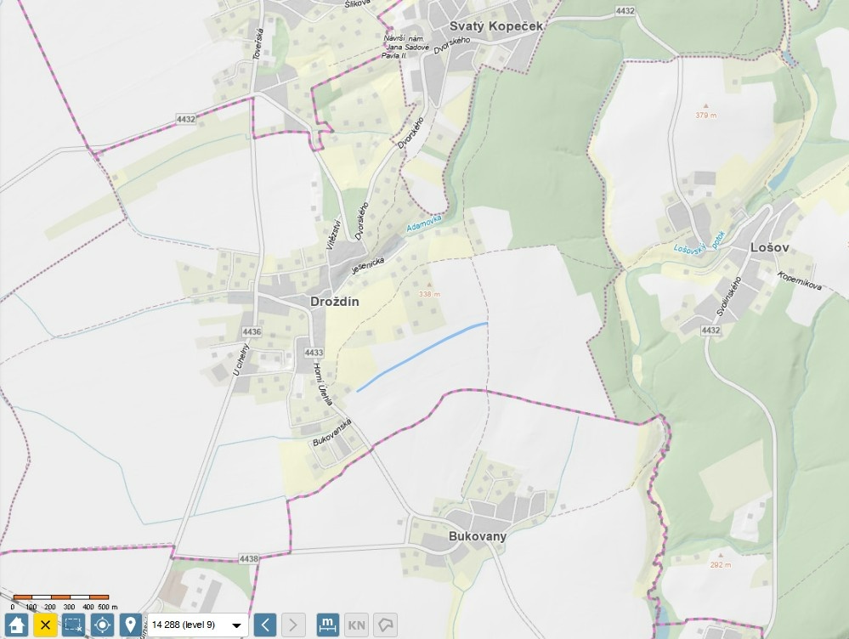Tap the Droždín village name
[334, 302]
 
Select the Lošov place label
[770, 247]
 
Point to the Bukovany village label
[478, 536]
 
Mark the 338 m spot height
[430, 294]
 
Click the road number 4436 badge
[251, 331]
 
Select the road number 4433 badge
[314, 353]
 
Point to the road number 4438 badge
[249, 558]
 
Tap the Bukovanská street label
[332, 432]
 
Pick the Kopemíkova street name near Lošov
[799, 281]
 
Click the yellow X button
[45, 625]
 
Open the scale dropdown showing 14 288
[198, 625]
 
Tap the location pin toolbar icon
[130, 625]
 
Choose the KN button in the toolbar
[358, 625]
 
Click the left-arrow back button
[265, 625]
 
